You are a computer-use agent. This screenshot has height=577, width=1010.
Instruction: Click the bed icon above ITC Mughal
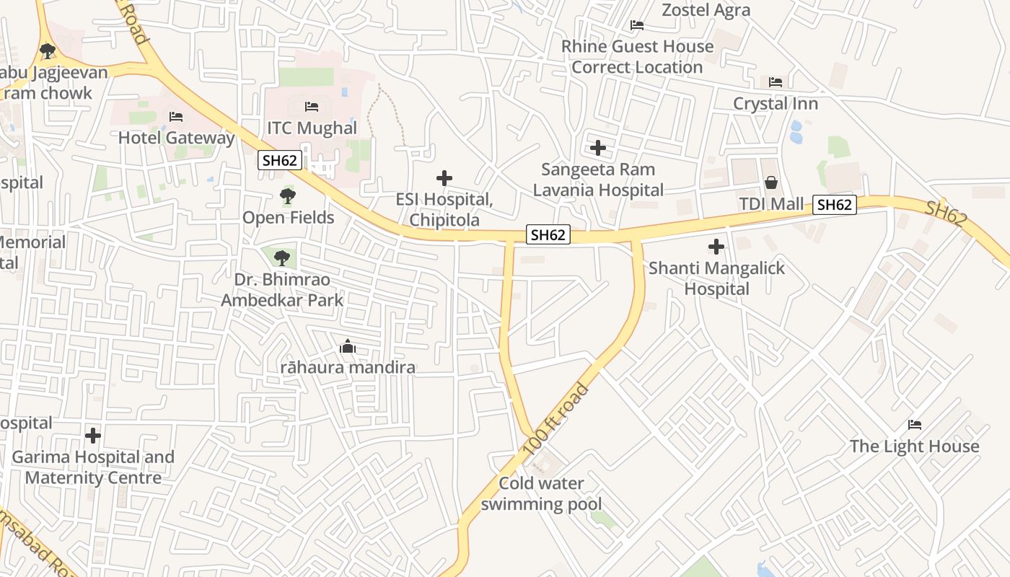point(312,107)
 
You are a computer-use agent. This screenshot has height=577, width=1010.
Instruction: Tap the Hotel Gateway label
point(177,138)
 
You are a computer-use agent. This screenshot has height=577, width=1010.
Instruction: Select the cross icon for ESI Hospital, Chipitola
point(444,178)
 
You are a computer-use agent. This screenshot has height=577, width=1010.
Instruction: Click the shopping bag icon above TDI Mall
point(771,182)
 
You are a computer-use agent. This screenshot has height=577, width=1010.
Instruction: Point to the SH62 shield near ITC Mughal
point(280,160)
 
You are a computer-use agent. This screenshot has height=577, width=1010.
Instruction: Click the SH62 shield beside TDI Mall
point(835,205)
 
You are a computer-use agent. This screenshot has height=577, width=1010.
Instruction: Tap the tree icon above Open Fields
point(287,195)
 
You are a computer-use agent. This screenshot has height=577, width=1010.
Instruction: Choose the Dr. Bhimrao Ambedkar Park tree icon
point(281,257)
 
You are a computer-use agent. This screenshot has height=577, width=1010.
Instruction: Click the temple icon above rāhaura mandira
point(348,347)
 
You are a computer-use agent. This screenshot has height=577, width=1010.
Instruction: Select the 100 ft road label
point(555,419)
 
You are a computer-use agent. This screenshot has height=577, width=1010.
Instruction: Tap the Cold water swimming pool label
point(541,493)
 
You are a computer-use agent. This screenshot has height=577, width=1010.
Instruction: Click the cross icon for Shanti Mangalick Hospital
point(716,247)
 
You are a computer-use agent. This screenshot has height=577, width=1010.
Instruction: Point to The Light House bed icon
point(915,424)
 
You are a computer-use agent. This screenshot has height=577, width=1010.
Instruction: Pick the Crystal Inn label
point(776,103)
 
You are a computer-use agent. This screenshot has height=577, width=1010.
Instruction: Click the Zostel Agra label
point(706,10)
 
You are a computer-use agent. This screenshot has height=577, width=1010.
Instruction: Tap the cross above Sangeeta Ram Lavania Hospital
point(598,148)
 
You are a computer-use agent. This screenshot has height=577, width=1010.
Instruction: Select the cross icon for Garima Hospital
point(93,436)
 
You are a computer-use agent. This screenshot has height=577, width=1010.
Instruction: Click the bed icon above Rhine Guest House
point(637,25)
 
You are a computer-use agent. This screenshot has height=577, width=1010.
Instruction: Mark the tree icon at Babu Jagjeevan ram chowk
point(48,51)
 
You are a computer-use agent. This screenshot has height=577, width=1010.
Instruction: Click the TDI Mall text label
point(771,204)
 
